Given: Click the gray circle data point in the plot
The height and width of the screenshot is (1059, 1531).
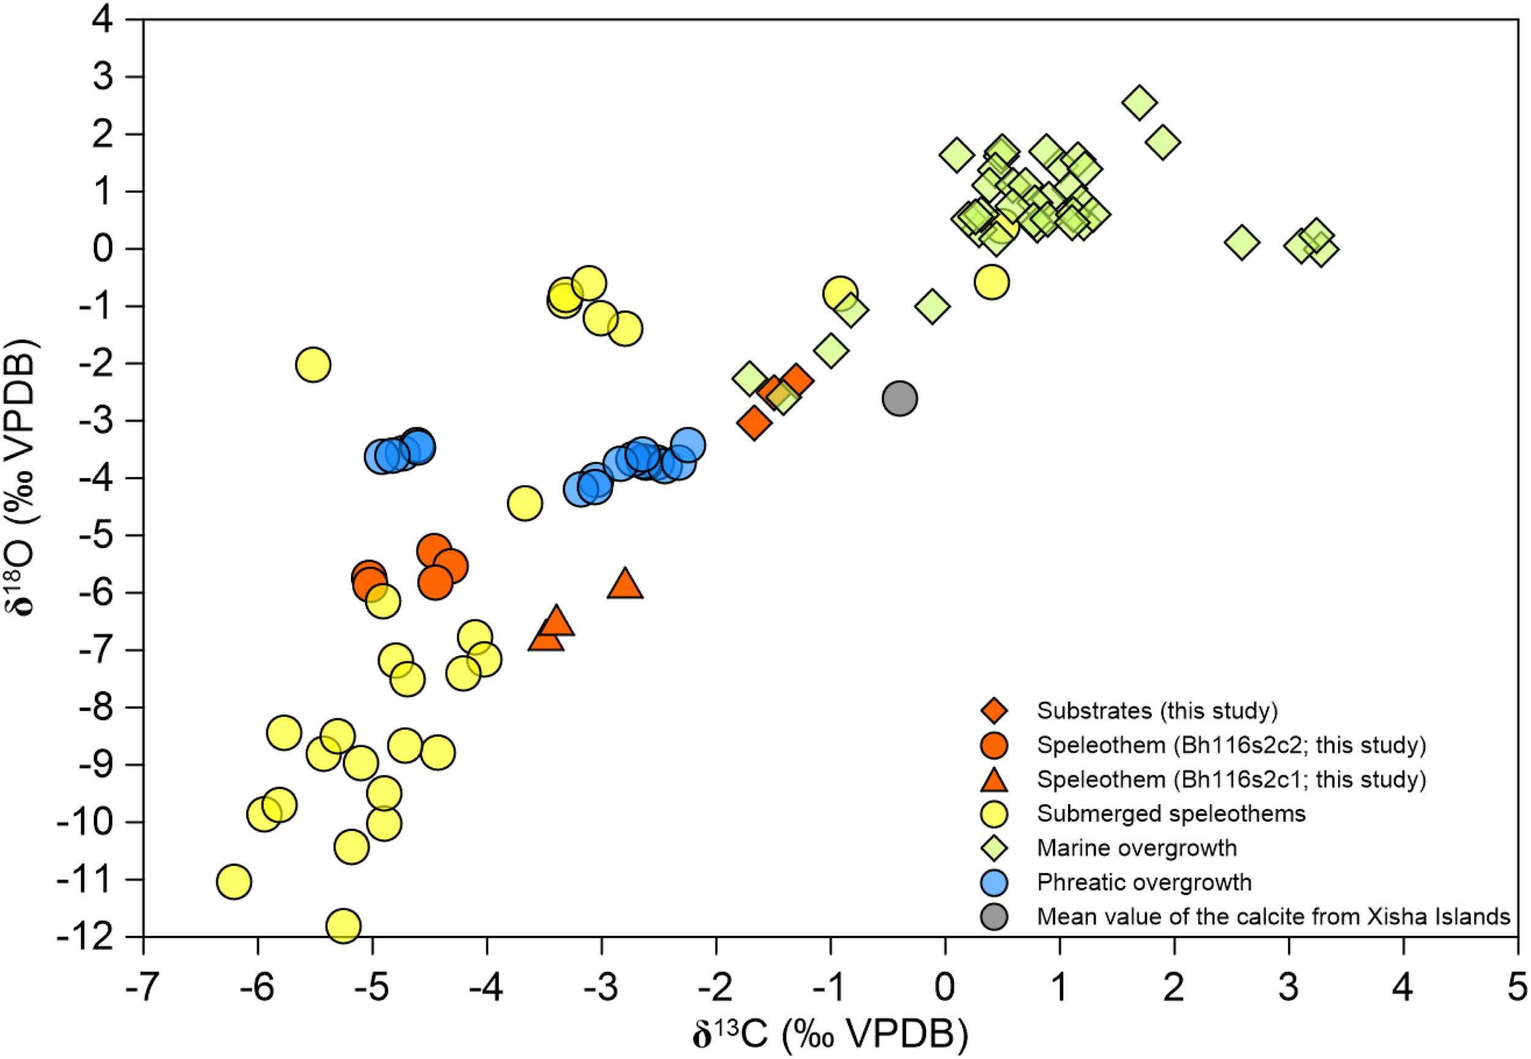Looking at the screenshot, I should (x=900, y=398).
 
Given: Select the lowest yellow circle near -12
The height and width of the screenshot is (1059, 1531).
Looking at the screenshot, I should (x=343, y=925).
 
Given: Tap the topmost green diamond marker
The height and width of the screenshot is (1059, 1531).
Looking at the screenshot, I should (x=1139, y=102).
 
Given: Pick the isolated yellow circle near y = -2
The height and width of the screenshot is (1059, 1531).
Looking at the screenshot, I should (x=314, y=364).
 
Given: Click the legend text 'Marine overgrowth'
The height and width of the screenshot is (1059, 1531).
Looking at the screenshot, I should (x=1137, y=848).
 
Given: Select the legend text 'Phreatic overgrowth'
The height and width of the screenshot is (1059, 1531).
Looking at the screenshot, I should (x=1144, y=882).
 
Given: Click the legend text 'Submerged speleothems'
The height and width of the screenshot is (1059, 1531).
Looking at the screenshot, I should (x=1171, y=813).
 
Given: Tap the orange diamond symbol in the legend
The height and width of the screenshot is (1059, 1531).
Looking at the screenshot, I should (x=993, y=711).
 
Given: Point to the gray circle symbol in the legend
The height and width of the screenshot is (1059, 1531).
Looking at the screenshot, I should (x=993, y=916).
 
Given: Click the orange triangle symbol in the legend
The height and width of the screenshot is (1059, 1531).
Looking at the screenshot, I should (x=993, y=780).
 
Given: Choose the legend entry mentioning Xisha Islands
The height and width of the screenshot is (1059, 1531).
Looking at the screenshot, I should (x=1273, y=916).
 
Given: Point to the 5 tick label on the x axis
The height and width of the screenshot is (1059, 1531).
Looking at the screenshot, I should (x=1517, y=988).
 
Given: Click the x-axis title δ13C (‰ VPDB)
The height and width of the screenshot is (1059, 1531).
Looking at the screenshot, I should (x=830, y=1034).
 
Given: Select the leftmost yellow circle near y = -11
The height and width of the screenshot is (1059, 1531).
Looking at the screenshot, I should (x=233, y=881).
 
